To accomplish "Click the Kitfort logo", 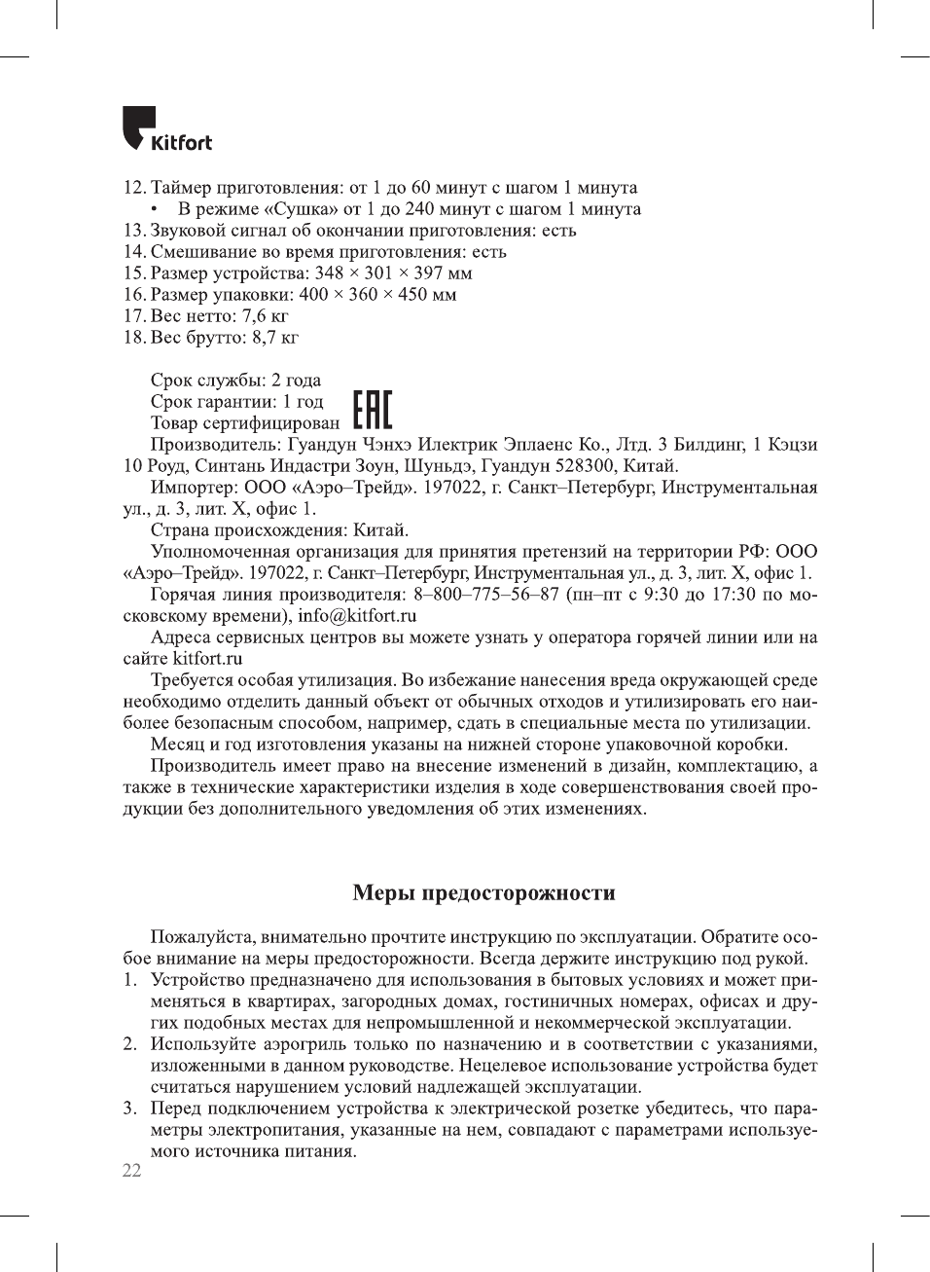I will pos(166,129).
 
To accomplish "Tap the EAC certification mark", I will pos(372,411).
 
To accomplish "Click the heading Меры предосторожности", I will pos(483,892).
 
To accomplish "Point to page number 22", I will pos(131,1171).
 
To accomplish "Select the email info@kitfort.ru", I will pos(357,616).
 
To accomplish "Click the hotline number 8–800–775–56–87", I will pos(486,595).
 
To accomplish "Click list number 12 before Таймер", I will pos(134,188).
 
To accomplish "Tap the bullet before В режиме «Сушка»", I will pos(155,209).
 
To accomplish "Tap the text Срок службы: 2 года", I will pos(235,381).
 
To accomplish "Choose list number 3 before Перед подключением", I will pos(129,1108).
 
